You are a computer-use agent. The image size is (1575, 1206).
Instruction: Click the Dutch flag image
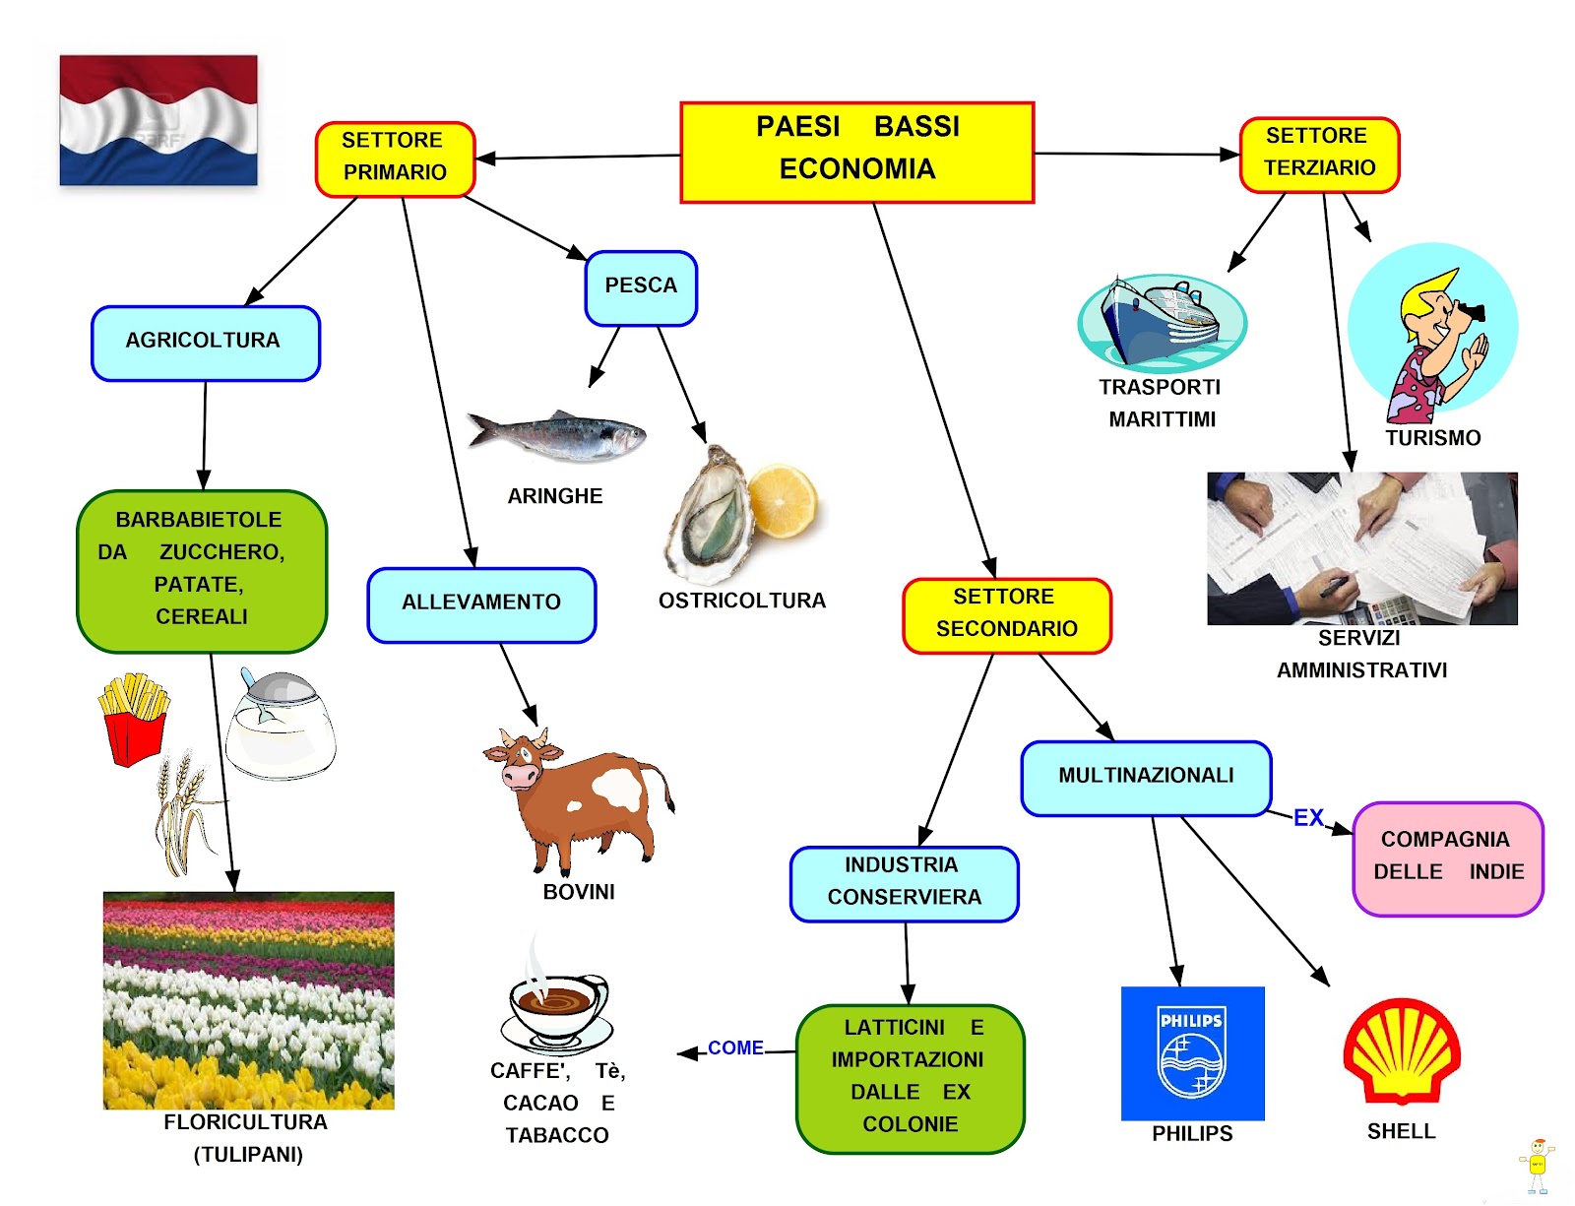(x=158, y=120)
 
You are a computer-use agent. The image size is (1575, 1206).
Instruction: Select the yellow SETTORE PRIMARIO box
(x=395, y=158)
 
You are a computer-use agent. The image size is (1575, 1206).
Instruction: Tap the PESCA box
(x=641, y=286)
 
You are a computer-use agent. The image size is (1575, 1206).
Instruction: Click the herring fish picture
(x=556, y=435)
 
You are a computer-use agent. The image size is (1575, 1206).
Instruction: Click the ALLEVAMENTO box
(x=481, y=603)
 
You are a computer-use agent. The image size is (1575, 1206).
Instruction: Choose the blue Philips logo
(x=1192, y=1053)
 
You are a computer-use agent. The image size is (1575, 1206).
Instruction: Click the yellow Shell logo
(x=1402, y=1051)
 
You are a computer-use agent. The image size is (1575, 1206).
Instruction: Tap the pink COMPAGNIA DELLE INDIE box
(x=1448, y=857)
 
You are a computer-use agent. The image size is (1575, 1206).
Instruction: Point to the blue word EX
(x=1308, y=818)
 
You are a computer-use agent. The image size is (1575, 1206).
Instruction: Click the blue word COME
(x=735, y=1048)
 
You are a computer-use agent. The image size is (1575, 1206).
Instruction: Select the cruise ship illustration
(x=1162, y=321)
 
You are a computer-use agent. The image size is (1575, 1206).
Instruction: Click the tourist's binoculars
(x=1472, y=313)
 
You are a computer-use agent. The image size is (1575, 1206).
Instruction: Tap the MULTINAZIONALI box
(x=1146, y=777)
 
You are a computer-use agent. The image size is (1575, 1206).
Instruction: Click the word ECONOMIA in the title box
(x=856, y=169)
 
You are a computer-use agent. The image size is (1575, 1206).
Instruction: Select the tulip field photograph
(x=248, y=1000)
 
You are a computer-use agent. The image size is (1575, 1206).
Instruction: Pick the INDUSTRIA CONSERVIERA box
(x=904, y=882)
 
